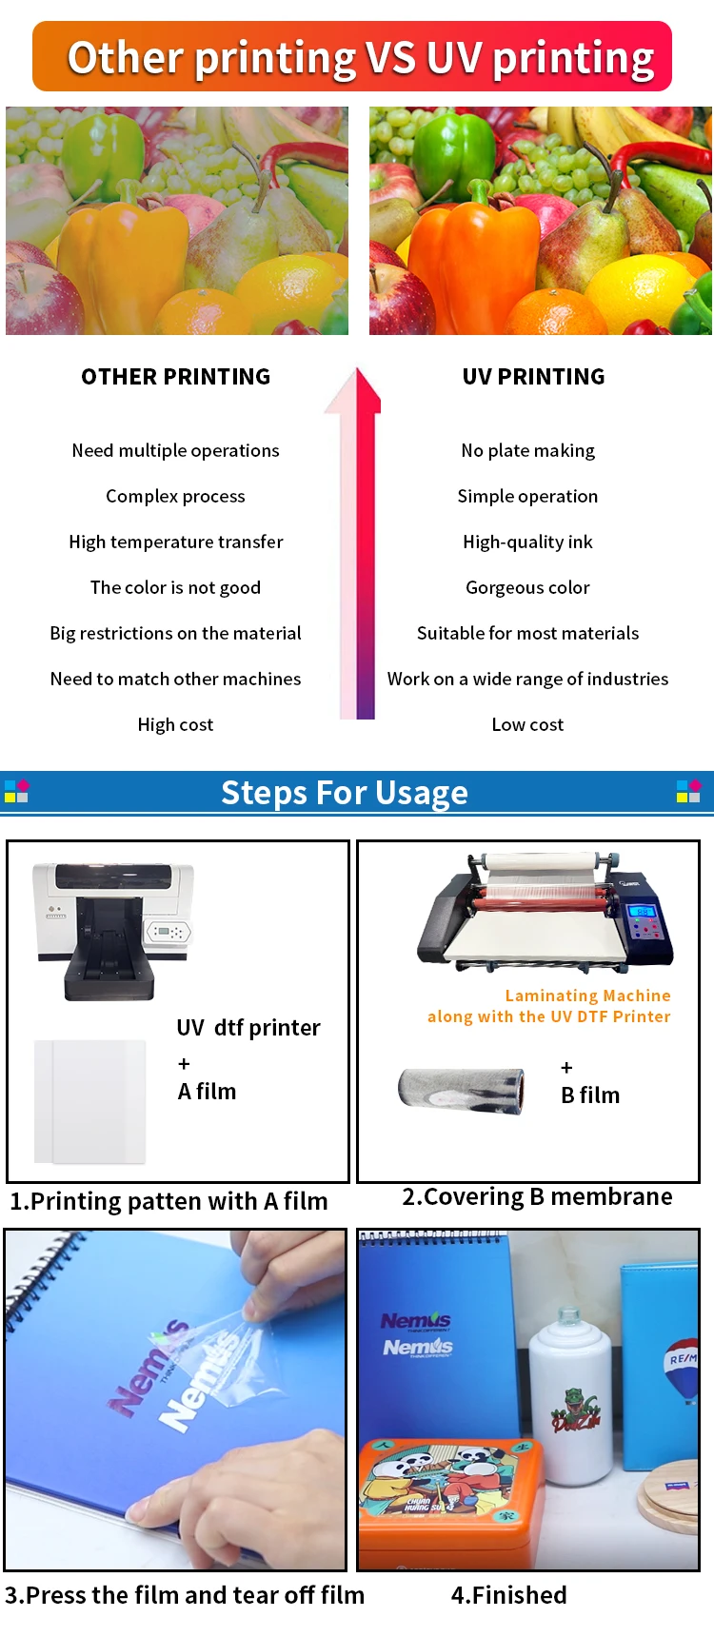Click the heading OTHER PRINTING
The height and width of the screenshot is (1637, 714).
click(x=176, y=377)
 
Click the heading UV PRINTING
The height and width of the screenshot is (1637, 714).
click(x=533, y=377)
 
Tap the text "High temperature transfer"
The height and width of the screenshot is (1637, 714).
click(x=176, y=542)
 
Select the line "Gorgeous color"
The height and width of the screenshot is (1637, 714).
click(x=527, y=587)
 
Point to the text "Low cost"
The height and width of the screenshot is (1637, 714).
click(x=527, y=724)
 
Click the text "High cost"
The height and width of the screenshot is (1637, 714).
click(x=175, y=724)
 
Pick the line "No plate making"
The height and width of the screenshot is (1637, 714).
click(x=527, y=450)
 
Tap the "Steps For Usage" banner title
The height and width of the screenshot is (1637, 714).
click(x=345, y=793)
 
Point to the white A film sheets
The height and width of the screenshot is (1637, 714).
click(x=90, y=1101)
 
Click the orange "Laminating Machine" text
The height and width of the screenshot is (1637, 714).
click(x=587, y=996)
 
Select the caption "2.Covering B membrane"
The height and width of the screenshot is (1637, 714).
click(x=537, y=1196)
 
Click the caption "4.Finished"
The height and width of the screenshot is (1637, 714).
click(x=508, y=1595)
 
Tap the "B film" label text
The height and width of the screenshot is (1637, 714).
click(x=590, y=1095)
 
